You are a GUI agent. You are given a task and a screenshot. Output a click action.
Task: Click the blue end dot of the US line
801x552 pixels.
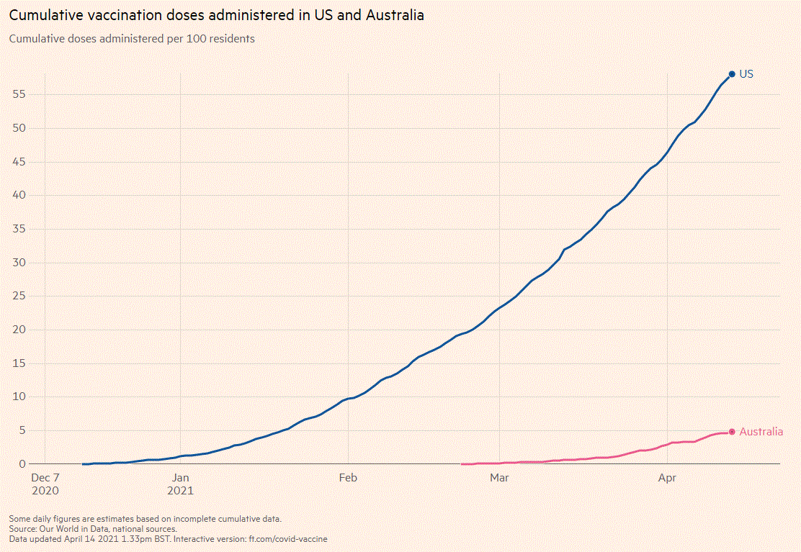[732, 74]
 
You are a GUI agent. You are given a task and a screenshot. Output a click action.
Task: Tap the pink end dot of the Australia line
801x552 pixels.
[732, 432]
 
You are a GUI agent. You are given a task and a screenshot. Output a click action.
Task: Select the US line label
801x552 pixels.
[746, 74]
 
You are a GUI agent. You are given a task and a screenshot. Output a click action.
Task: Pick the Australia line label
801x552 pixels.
[761, 432]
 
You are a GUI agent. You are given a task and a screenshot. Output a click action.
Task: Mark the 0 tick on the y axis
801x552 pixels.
[23, 464]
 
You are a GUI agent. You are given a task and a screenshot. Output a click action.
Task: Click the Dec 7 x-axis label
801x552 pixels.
[45, 477]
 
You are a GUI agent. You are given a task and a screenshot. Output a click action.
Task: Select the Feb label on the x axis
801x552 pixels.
[348, 477]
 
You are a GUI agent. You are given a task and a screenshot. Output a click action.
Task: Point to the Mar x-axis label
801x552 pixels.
[499, 477]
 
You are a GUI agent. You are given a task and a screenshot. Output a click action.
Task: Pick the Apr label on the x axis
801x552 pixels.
[668, 477]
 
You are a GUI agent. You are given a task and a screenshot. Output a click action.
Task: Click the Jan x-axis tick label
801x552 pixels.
[180, 477]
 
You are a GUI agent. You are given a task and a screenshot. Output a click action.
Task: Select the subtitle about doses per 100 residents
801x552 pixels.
[132, 39]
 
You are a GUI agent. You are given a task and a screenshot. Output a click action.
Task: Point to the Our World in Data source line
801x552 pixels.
[93, 528]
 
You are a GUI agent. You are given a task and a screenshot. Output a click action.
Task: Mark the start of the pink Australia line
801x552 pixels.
[462, 464]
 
